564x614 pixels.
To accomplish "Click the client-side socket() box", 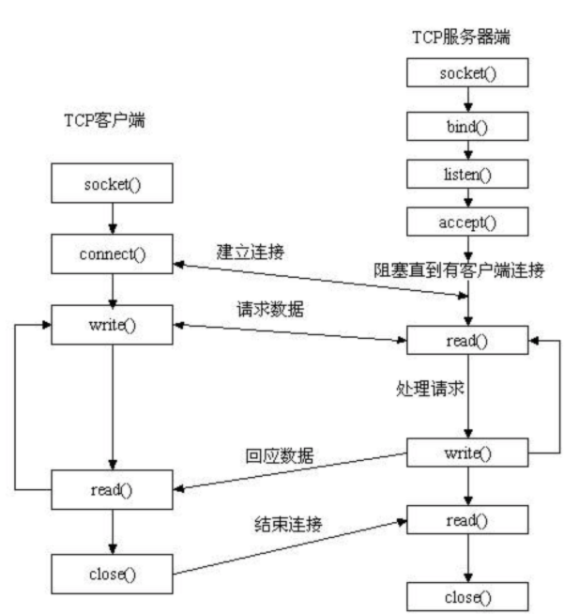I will pos(113,183).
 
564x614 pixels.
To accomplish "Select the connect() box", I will pos(113,254).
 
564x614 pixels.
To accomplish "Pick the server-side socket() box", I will pos(466,72).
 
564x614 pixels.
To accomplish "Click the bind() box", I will pos(466,124).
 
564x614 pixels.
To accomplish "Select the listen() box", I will pos(466,173).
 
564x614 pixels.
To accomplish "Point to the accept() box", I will pos(466,222).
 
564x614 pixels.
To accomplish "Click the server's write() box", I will pos(466,454).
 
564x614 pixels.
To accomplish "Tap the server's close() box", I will pos(466,595).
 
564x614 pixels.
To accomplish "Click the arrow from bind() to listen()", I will pos(466,148).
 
